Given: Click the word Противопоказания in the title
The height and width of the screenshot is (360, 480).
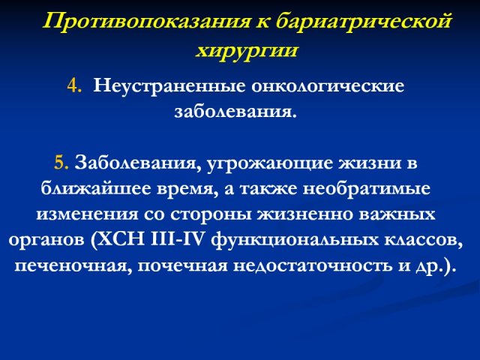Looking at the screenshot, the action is tap(146, 22).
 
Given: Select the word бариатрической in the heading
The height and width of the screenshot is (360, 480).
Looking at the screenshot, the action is tap(363, 22).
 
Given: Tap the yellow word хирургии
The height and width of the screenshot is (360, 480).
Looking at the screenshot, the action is tap(247, 50).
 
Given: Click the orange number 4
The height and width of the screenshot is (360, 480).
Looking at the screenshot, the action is tap(74, 85).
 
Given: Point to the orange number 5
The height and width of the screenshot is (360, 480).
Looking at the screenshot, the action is tap(61, 162).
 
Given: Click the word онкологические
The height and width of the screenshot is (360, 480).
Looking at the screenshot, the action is tap(328, 86).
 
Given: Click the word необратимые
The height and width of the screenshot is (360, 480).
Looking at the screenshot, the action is tap(367, 188).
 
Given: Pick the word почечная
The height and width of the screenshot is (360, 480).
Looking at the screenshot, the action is tap(183, 265).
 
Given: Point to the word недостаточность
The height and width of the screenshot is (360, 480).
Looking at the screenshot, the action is tap(313, 265).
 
